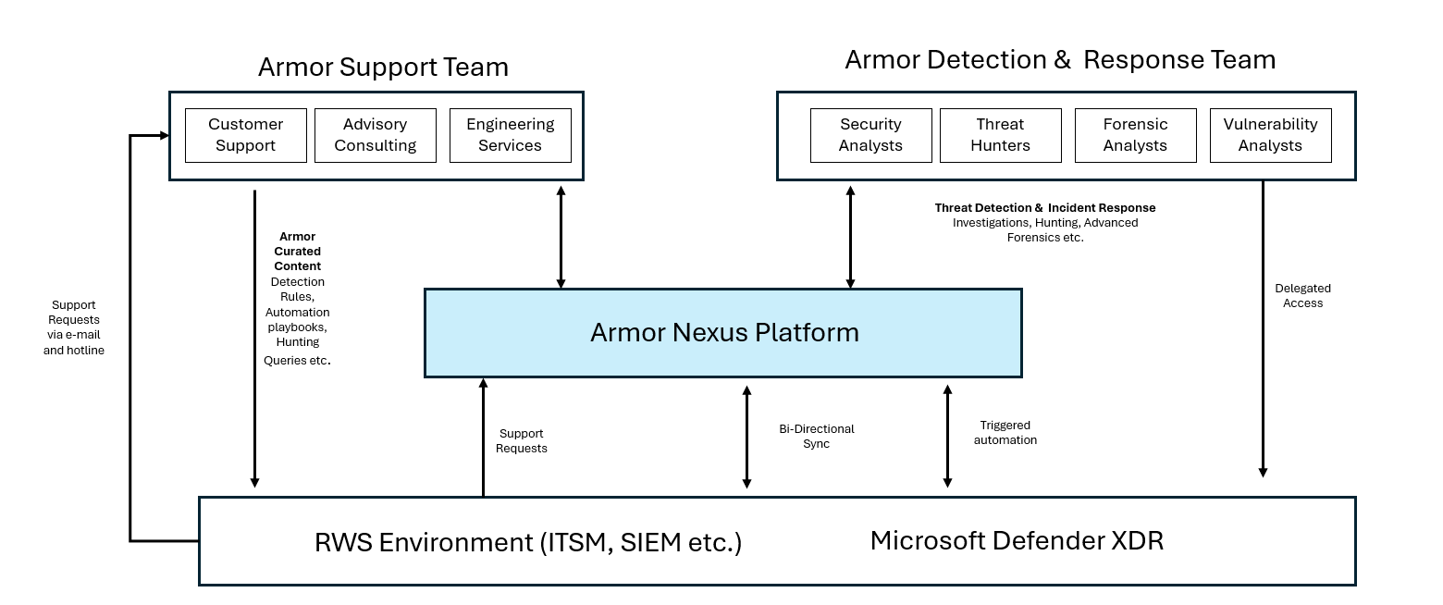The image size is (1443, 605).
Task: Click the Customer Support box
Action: click(x=245, y=135)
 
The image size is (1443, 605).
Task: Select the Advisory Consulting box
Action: click(x=375, y=135)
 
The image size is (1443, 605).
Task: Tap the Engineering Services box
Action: click(x=510, y=135)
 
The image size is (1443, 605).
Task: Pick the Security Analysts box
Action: click(x=870, y=135)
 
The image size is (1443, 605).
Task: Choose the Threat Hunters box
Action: click(x=1000, y=135)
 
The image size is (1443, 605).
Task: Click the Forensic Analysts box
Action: click(x=1135, y=135)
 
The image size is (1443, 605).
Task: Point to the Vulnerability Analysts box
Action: click(x=1270, y=135)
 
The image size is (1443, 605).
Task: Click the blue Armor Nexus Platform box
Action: click(x=723, y=333)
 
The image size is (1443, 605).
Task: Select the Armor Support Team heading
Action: click(x=383, y=68)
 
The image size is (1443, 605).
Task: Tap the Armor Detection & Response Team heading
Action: click(x=1060, y=60)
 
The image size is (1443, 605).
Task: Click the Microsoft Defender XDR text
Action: click(x=1017, y=540)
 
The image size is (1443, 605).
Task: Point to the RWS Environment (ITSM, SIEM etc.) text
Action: click(x=528, y=542)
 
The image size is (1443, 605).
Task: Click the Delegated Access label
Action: click(x=1302, y=296)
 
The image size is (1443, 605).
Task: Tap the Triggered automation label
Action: click(x=1005, y=433)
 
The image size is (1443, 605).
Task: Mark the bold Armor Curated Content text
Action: click(x=297, y=252)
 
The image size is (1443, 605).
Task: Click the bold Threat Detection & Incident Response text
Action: click(x=1045, y=208)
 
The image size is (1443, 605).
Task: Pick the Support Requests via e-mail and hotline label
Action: click(x=74, y=327)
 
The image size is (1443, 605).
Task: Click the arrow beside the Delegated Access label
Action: click(x=1263, y=328)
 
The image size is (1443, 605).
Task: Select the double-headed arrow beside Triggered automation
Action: click(x=947, y=436)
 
